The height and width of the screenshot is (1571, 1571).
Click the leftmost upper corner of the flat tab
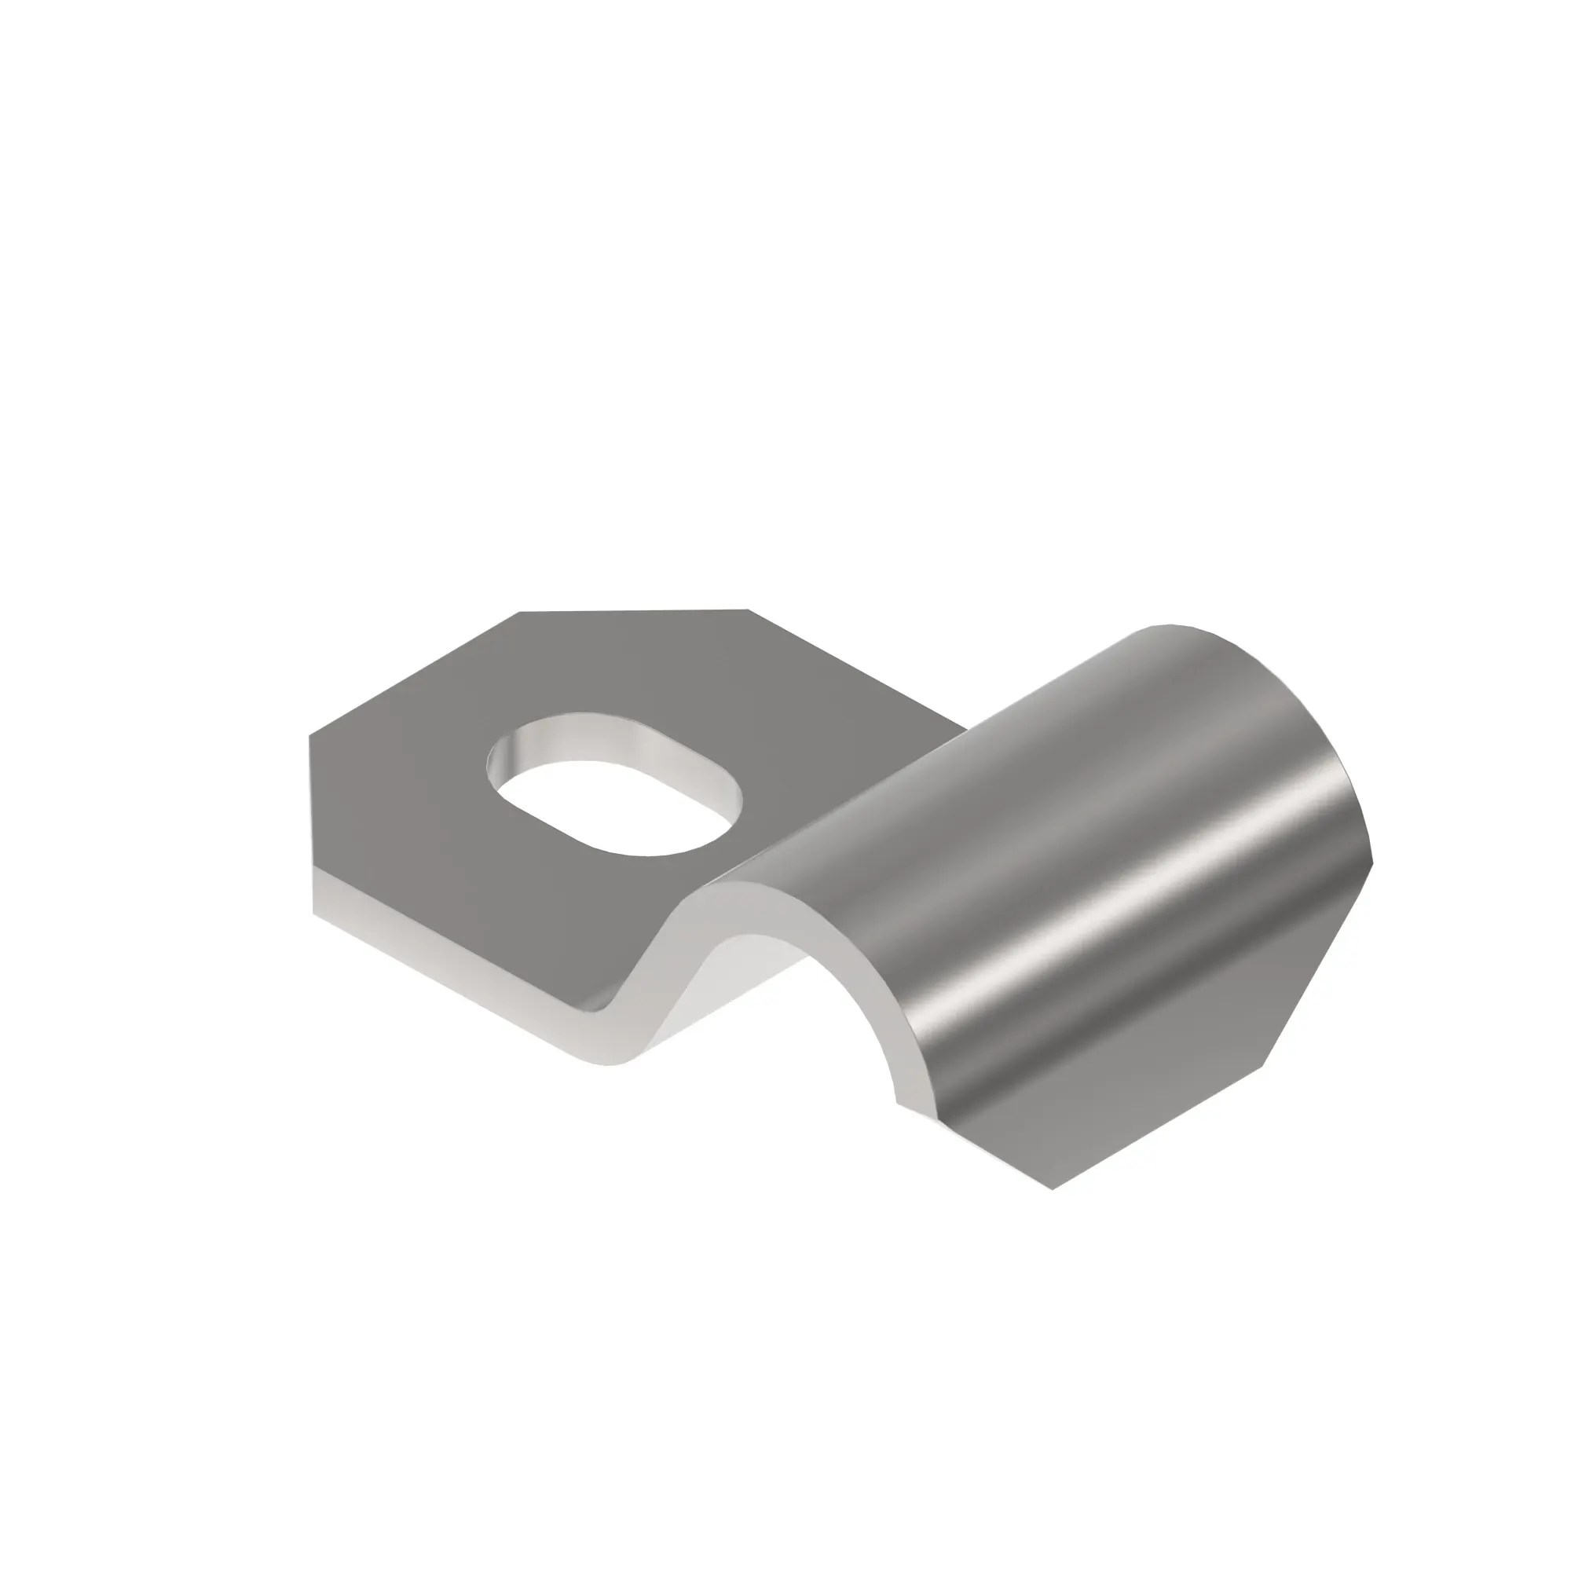[309, 736]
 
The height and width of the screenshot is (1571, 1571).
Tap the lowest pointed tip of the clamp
[1054, 1188]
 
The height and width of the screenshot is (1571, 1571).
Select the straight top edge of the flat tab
[634, 611]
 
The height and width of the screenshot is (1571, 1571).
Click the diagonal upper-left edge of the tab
[415, 674]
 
